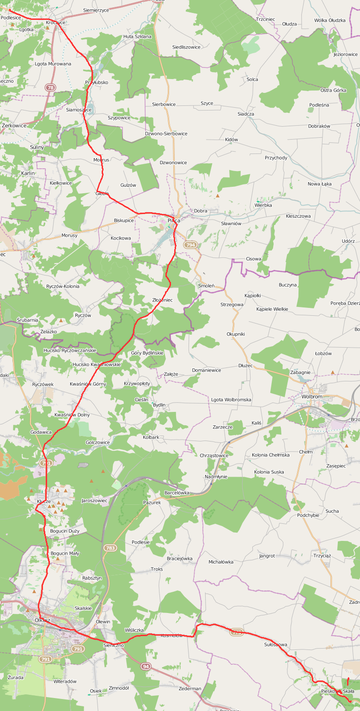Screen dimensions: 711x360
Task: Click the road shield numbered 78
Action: (50, 87)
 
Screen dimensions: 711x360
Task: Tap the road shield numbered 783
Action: (110, 548)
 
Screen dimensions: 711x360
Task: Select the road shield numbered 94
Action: (146, 666)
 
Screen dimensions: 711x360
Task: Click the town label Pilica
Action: (174, 221)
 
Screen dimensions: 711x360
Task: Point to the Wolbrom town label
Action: (311, 397)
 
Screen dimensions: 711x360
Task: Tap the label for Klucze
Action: (44, 501)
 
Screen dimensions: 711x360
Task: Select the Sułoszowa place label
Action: (275, 644)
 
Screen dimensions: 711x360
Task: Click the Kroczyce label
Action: (55, 22)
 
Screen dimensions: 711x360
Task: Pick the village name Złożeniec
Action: (162, 300)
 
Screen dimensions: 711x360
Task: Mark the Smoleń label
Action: (206, 286)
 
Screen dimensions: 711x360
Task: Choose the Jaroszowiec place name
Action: (94, 500)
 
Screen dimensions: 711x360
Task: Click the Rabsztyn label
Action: (92, 578)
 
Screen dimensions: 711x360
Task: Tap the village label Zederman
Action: (189, 688)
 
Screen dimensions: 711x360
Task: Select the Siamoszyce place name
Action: (79, 110)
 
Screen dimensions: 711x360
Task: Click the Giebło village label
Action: (102, 193)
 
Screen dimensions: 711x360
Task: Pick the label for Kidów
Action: (231, 140)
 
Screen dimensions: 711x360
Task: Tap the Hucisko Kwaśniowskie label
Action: (97, 364)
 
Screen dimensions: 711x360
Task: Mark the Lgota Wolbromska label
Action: (231, 399)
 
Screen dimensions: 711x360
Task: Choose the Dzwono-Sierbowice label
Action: (166, 134)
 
